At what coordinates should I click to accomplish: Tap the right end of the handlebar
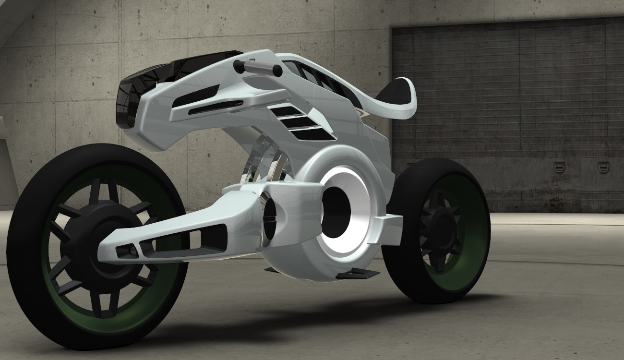coord(277,71)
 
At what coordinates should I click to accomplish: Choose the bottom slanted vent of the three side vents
coord(314,134)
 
